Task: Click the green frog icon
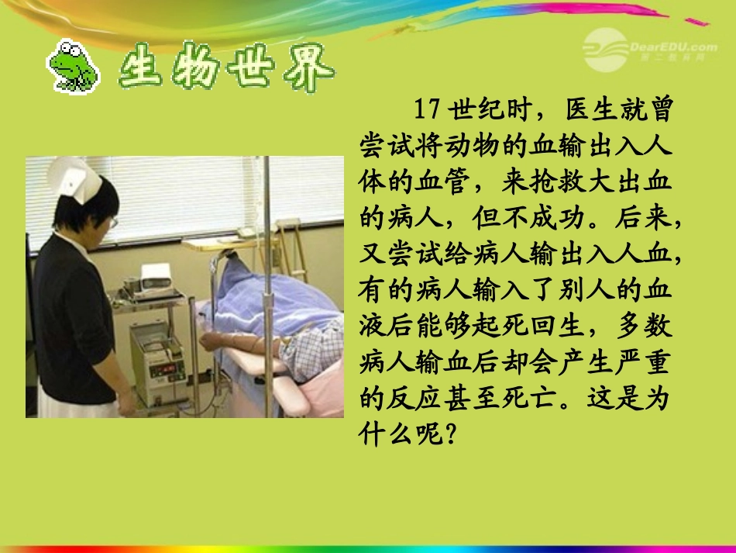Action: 73,66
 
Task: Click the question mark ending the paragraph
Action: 444,436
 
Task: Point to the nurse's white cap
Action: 74,178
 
